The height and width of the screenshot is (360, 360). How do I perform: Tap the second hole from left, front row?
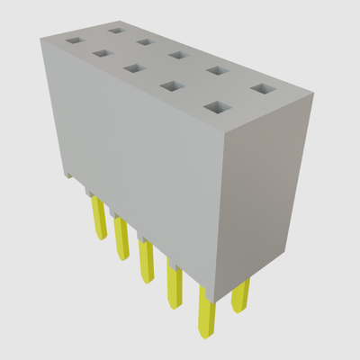100,53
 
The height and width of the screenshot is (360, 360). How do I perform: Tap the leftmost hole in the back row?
115,30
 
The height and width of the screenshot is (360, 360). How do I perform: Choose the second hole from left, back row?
144,41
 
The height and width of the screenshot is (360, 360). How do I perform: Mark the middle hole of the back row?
177,55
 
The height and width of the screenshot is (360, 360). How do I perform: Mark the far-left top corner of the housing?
42,37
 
